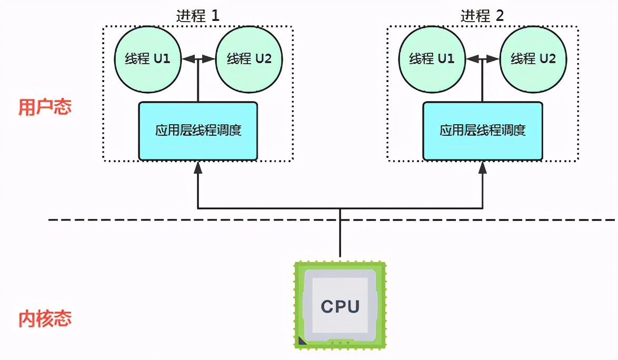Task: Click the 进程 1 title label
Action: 197,15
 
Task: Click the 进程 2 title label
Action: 482,15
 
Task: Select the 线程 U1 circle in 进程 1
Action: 147,58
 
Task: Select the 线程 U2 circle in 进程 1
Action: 249,58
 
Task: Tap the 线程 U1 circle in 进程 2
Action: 432,58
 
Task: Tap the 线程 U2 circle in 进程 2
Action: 533,58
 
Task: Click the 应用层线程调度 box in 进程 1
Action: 198,131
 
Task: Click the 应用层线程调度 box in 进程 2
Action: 483,131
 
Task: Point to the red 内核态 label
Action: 45,319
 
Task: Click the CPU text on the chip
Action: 340,306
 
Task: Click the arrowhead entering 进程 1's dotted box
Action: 198,167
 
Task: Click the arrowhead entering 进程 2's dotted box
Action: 483,167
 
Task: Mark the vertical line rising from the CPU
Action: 340,234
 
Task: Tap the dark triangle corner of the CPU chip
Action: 301,342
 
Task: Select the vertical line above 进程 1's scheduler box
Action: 198,82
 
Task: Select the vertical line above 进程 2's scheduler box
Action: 483,82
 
